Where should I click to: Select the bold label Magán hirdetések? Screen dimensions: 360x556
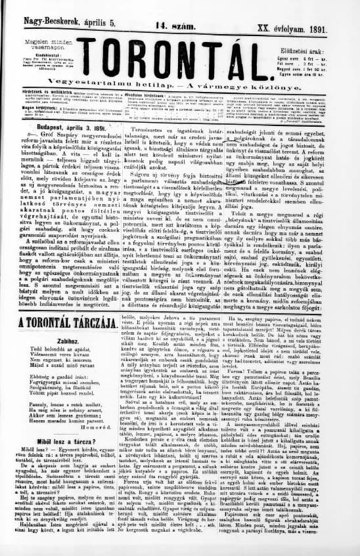(28, 125)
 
